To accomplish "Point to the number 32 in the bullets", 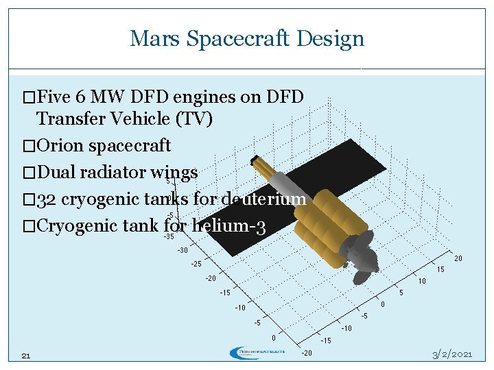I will coord(47,199).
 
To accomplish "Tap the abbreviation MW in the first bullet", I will coord(113,97).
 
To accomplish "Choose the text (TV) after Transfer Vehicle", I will coord(194,119).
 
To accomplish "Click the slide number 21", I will coord(26,355).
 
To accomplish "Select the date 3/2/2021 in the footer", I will coord(451,354).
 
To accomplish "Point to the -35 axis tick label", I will coord(168,237).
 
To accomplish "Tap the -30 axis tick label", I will coord(182,250).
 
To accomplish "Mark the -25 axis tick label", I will coord(196,264).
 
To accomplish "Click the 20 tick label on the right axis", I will coord(458,259).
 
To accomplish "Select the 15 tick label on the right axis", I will coord(440,270).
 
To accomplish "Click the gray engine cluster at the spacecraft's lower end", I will coord(362,260).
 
